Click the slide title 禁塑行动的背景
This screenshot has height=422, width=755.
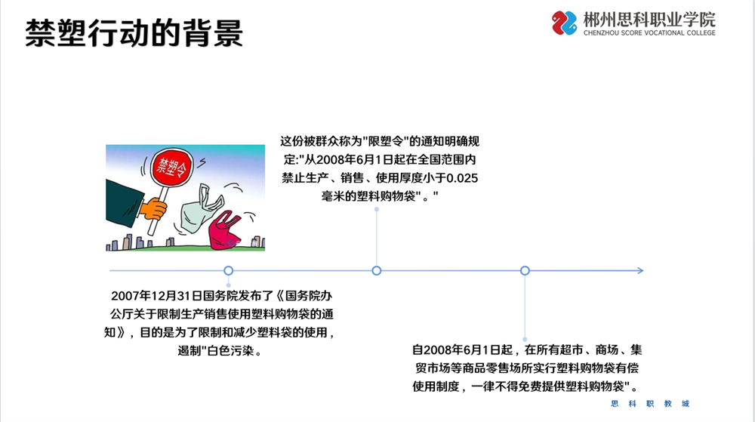tap(134, 32)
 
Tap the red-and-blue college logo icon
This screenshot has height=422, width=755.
tap(564, 23)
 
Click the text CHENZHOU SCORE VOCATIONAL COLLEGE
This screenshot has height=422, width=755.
tap(649, 32)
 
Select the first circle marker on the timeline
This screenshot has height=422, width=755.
tap(228, 270)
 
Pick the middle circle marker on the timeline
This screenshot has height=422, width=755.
tap(377, 270)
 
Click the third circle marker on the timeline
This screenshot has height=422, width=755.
tap(525, 270)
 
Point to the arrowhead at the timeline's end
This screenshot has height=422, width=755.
tap(640, 270)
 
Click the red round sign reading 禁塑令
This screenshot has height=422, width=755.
tap(172, 167)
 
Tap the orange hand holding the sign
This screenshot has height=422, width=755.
tap(154, 209)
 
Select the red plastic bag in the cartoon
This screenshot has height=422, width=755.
tap(224, 231)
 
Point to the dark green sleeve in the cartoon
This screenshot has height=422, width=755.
tap(123, 202)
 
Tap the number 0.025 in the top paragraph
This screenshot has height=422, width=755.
tap(462, 178)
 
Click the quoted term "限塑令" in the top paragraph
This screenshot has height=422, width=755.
tap(386, 141)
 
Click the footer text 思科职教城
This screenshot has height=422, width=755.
tap(650, 404)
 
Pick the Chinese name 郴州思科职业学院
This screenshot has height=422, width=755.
tap(649, 20)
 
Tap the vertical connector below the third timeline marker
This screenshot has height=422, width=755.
tap(525, 307)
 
